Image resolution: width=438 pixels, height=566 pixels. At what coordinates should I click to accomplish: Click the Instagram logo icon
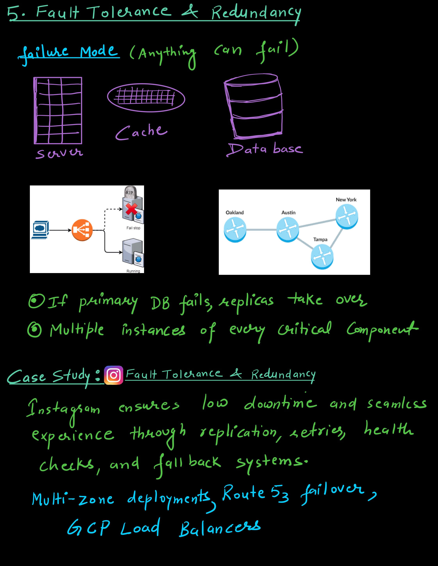pos(113,375)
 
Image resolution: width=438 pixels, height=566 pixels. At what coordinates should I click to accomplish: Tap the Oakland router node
pos(235,230)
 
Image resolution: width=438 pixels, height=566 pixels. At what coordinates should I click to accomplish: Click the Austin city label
pos(288,212)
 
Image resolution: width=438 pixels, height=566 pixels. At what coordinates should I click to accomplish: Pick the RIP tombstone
pos(130,193)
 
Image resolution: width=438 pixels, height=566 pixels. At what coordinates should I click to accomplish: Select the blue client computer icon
pos(40,230)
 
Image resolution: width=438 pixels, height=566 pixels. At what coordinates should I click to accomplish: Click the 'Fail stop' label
pos(133,228)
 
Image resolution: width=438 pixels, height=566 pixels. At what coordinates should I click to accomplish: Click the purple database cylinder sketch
pos(253,107)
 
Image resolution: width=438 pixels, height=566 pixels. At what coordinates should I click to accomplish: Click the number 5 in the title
pos(13,13)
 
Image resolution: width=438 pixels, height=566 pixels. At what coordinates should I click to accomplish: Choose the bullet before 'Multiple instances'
pos(35,330)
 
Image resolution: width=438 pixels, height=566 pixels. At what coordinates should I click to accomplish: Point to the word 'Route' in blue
pos(243,492)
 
